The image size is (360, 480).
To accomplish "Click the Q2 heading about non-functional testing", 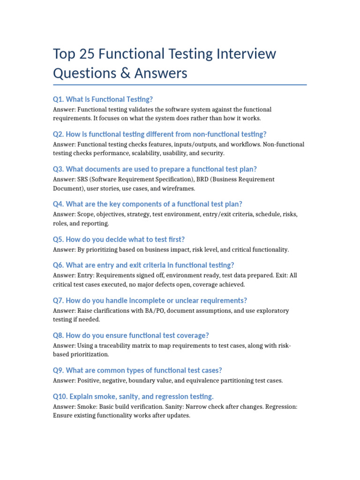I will click(x=160, y=134).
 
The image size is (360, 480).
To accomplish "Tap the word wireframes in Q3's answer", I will click(x=177, y=188).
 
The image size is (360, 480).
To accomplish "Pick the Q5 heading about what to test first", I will click(x=122, y=239).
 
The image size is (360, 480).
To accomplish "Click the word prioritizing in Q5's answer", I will click(x=105, y=249).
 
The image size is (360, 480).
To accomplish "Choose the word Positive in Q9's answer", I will click(x=89, y=381).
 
